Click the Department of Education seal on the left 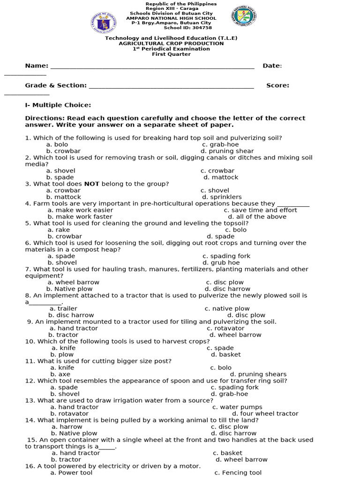pos(105,22)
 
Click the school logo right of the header pos(244,20)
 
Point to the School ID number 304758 pos(201,28)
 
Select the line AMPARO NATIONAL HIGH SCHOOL pos(171,18)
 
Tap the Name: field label pos(37,66)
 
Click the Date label pos(272,66)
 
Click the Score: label pos(277,85)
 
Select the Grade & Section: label pos(56,85)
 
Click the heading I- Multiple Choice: pos(58,105)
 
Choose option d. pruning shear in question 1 pos(227,151)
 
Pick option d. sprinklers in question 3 pos(221,197)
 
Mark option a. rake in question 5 pos(59,230)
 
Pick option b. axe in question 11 pos(60,374)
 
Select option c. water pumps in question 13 pos(237,407)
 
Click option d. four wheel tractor pos(265,413)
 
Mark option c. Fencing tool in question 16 pos(238,472)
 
